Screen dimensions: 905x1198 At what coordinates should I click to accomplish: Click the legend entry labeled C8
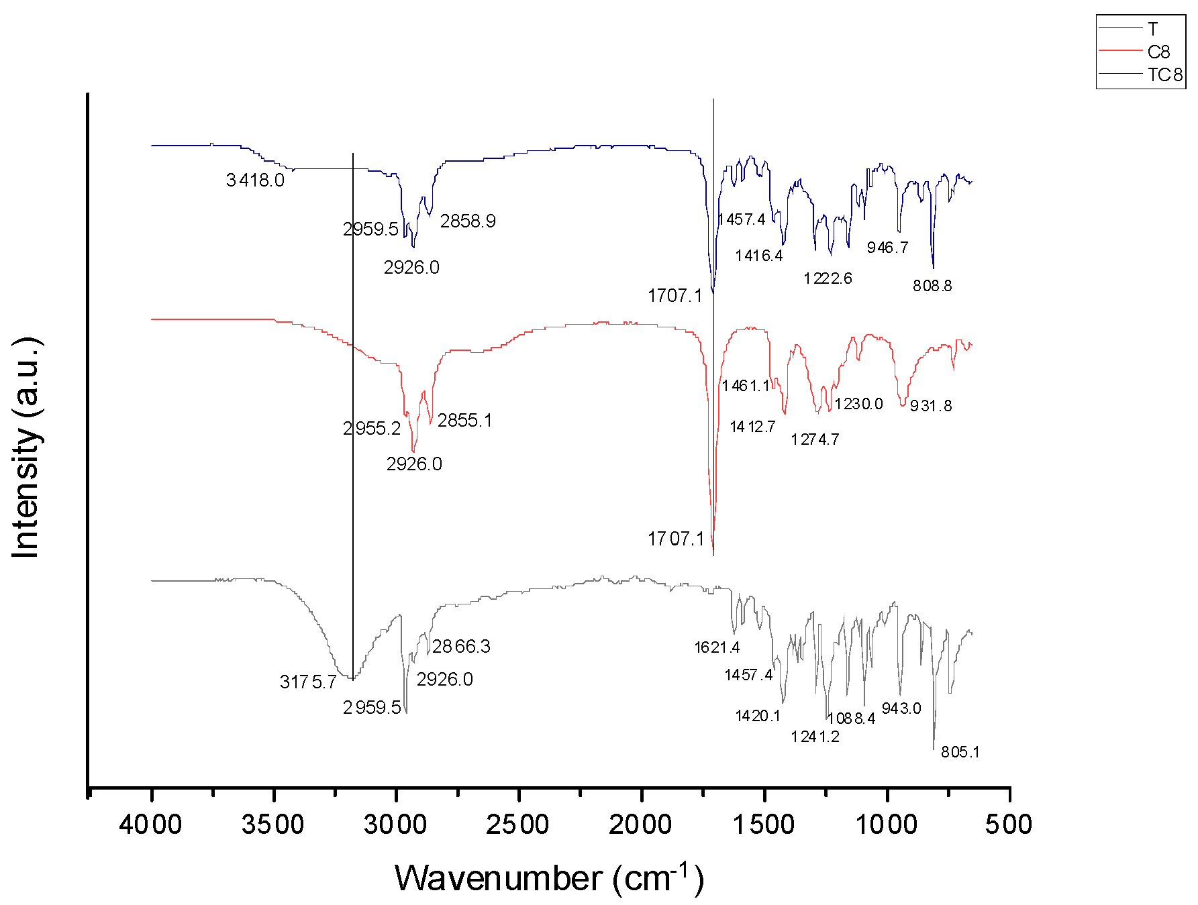point(1158,52)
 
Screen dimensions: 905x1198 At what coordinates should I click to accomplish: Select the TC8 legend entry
point(1165,74)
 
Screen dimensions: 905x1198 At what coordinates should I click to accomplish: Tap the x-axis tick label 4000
point(150,824)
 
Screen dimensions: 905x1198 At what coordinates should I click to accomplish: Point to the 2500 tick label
point(517,824)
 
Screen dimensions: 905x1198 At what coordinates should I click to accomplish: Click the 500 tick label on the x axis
point(1009,824)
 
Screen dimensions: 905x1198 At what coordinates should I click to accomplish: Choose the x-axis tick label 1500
point(763,824)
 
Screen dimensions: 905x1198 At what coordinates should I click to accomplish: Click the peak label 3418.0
point(255,180)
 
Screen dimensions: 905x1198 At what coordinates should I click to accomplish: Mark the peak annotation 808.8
point(932,286)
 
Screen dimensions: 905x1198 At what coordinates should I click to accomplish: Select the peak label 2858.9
point(468,221)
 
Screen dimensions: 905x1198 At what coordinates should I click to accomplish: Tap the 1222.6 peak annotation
point(828,278)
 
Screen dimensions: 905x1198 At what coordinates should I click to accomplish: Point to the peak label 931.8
point(931,406)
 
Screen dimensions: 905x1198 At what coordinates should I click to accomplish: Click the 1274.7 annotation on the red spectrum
point(815,440)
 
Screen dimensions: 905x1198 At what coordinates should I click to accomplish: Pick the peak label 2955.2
point(371,429)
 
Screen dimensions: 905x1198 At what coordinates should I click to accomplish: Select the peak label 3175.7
point(308,683)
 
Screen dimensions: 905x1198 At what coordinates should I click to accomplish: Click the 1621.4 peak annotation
point(717,647)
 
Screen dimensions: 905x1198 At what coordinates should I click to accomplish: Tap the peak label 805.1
point(960,752)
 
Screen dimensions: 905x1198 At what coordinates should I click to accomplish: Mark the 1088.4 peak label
point(851,719)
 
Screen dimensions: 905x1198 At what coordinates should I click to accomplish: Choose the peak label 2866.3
point(461,647)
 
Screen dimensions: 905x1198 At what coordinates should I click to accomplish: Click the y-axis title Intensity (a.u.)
point(27,447)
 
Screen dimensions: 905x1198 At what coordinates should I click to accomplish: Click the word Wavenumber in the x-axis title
point(498,879)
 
